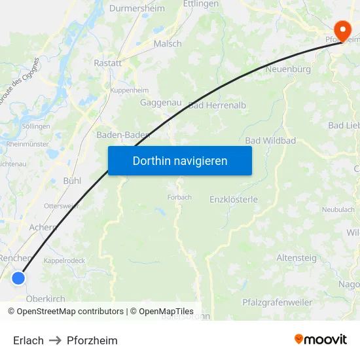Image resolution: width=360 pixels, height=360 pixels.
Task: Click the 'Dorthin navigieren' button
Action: (x=180, y=161)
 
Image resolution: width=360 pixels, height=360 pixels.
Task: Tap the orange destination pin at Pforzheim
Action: (x=342, y=30)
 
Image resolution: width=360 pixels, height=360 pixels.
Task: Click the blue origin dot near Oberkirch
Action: (x=18, y=278)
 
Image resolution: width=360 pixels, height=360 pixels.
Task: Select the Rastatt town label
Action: (x=108, y=63)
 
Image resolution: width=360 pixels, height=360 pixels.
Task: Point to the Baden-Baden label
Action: (x=123, y=135)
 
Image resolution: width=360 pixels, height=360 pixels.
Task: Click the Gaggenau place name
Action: (x=161, y=103)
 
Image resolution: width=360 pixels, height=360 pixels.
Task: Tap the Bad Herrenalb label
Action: (x=217, y=105)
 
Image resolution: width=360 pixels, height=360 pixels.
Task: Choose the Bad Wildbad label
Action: (x=270, y=141)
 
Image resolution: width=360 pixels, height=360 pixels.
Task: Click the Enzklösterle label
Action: (x=234, y=199)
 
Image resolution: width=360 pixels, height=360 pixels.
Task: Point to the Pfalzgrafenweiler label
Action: (x=278, y=302)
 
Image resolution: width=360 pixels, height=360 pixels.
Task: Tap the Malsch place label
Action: (x=168, y=44)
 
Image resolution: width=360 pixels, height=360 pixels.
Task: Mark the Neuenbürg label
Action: (x=287, y=69)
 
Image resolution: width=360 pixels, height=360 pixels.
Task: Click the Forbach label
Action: (x=179, y=197)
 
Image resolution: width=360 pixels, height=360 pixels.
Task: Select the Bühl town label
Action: (x=72, y=180)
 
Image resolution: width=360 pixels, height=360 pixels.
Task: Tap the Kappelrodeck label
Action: (x=64, y=260)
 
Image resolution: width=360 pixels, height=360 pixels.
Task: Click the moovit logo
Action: (x=321, y=340)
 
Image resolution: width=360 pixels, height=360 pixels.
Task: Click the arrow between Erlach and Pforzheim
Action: (x=55, y=340)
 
